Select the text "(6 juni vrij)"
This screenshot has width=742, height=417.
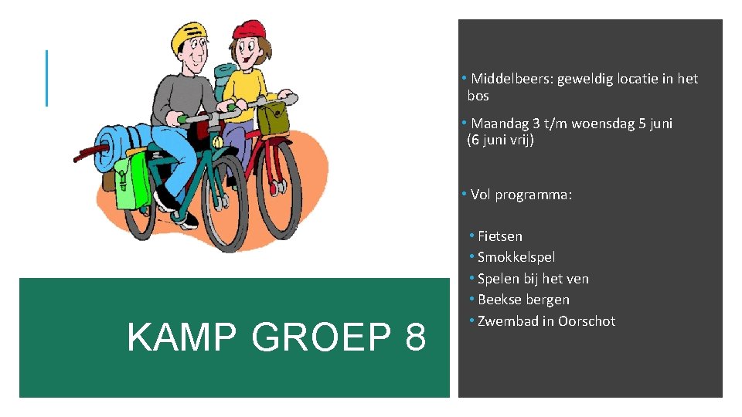500,141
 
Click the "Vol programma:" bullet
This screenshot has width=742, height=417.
520,195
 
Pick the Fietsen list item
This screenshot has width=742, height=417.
499,236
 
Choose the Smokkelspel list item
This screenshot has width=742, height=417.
516,257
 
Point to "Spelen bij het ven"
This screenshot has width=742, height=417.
533,279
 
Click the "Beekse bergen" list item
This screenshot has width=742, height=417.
523,300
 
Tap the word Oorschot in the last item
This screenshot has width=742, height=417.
587,321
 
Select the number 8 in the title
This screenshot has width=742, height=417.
414,337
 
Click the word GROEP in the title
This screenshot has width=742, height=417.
322,337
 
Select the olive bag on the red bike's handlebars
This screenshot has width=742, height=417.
271,118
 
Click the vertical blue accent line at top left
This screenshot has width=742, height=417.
46,78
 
